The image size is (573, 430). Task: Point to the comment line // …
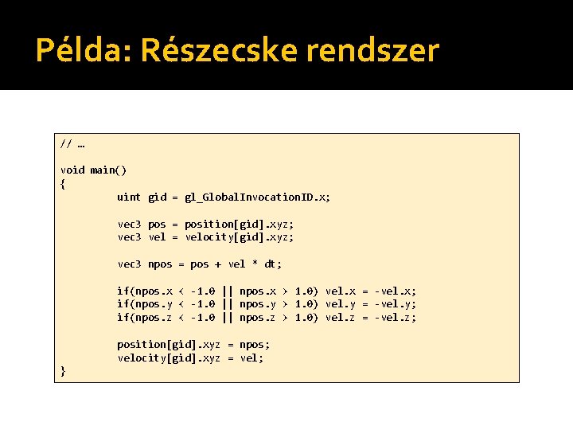pos(72,144)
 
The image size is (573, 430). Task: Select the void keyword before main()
pos(72,170)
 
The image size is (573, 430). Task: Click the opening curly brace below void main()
pos(64,183)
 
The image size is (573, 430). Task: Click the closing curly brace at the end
pos(64,370)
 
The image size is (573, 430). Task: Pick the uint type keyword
pos(129,197)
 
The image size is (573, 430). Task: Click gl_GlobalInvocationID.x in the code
pos(256,197)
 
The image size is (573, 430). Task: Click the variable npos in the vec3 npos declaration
pos(160,264)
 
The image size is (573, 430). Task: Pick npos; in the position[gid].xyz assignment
pos(255,345)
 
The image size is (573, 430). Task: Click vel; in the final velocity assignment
pos(251,358)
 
